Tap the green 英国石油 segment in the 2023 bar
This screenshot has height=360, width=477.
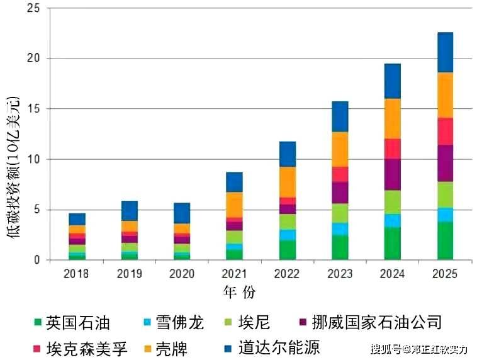340,247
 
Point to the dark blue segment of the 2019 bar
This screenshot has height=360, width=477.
129,211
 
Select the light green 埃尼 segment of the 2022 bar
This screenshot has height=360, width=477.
287,222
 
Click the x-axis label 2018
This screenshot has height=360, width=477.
76,274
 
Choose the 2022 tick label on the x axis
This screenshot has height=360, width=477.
287,274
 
